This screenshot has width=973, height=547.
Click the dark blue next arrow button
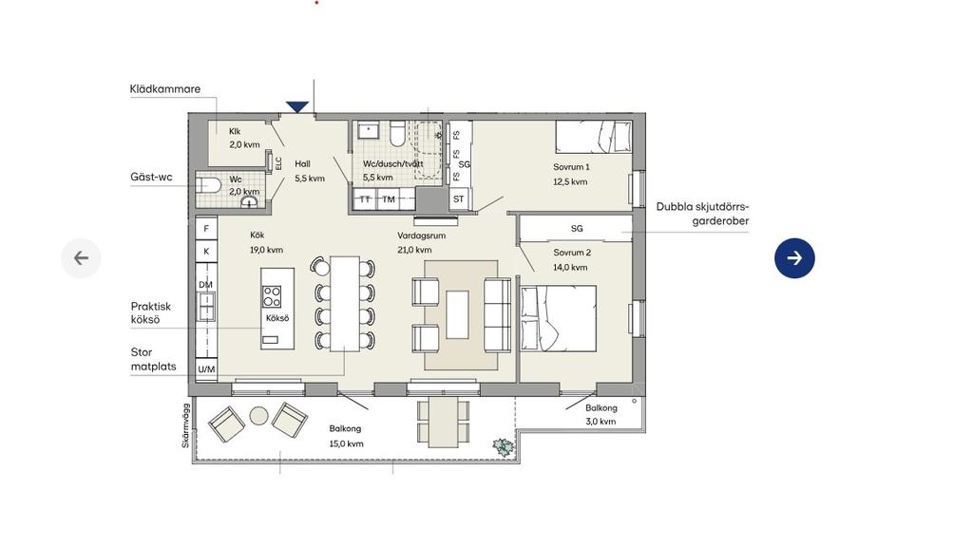(794, 258)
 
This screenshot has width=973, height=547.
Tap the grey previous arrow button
(82, 258)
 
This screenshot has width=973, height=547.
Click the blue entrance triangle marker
(297, 107)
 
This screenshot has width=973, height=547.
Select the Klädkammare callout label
(165, 88)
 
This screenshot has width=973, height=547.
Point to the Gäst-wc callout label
(151, 177)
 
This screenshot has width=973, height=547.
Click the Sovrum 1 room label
(571, 167)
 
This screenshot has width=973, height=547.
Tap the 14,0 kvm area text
(570, 267)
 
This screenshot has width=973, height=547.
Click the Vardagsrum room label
(421, 236)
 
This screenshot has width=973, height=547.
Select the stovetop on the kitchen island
(271, 296)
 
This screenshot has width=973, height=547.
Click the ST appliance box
(459, 199)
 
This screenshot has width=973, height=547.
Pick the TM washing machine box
(389, 199)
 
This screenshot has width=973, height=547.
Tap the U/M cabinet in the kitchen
(206, 369)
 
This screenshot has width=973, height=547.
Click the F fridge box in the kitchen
(206, 228)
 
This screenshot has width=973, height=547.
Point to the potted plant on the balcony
(504, 447)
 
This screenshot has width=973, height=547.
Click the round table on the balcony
(258, 416)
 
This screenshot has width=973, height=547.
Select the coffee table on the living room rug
(457, 314)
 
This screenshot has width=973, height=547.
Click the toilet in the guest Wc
(208, 185)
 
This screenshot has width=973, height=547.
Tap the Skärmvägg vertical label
(185, 425)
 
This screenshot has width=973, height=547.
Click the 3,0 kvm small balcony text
(601, 421)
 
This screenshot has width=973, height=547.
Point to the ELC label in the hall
(278, 163)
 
